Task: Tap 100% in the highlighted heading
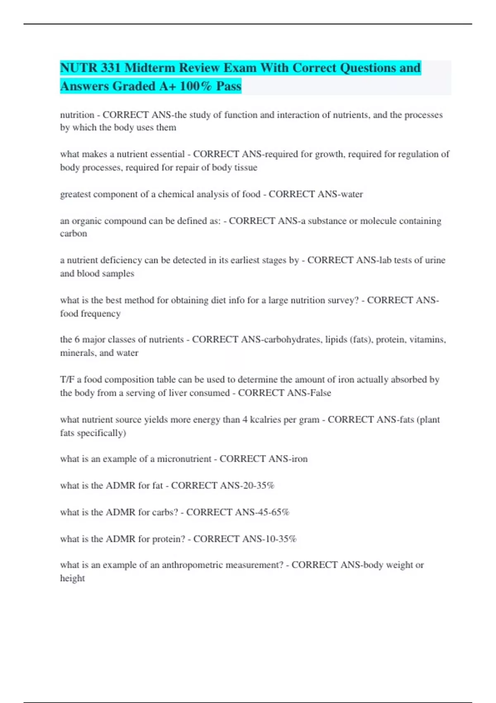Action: pos(196,86)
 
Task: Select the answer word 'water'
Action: pos(351,194)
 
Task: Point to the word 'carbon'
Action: pos(74,234)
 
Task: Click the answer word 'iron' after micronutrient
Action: pos(300,459)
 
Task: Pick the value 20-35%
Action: pos(259,485)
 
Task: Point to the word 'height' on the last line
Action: pos(72,578)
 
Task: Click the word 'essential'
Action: pos(167,154)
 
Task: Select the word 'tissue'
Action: pos(246,167)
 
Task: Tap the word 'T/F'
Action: pos(67,380)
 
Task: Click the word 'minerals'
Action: pos(78,353)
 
